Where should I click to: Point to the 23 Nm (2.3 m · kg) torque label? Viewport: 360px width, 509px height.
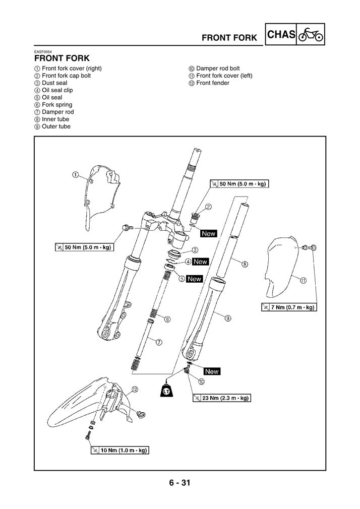pyautogui.click(x=222, y=398)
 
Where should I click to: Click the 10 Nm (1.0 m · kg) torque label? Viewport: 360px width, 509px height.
pyautogui.click(x=119, y=450)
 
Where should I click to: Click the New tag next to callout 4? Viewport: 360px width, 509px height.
pyautogui.click(x=200, y=262)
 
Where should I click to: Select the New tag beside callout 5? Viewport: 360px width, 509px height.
pyautogui.click(x=194, y=279)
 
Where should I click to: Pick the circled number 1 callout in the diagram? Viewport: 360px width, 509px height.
pyautogui.click(x=75, y=175)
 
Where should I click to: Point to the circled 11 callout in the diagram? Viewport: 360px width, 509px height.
pyautogui.click(x=303, y=281)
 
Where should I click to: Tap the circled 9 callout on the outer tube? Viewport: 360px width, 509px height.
pyautogui.click(x=228, y=318)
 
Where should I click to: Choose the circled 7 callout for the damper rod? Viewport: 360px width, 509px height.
pyautogui.click(x=158, y=342)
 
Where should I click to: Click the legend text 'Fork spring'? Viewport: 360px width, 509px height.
pyautogui.click(x=56, y=105)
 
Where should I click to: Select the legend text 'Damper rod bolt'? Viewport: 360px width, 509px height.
pyautogui.click(x=217, y=69)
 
